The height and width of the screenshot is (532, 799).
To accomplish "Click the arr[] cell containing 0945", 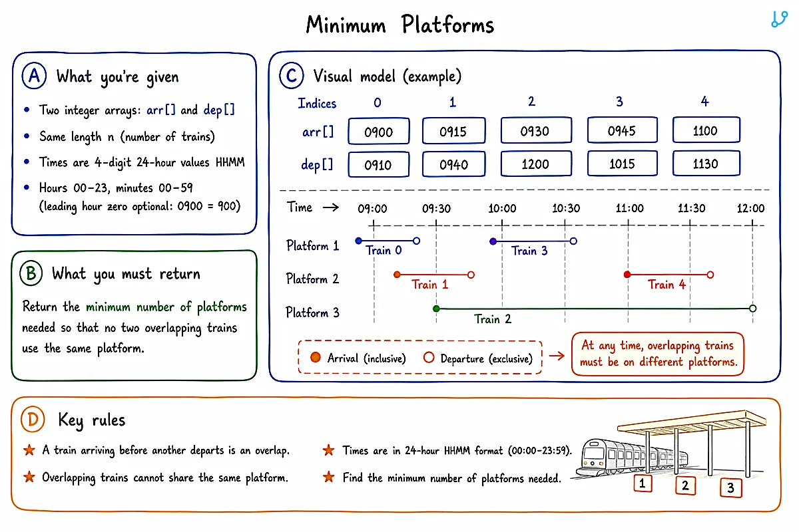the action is point(622,130).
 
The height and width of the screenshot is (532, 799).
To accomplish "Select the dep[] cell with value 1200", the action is point(536,164).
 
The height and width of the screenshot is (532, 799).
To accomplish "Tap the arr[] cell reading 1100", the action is point(706,130).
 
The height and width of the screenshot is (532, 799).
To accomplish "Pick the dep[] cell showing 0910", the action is point(378,165).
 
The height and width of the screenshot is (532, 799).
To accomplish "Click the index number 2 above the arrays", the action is point(531,102).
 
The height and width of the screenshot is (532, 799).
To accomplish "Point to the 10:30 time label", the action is point(566,208).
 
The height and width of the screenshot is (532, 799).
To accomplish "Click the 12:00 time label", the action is point(751,208).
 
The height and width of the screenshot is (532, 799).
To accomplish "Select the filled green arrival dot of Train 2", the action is point(436,309).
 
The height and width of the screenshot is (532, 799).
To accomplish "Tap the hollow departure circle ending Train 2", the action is point(752,309).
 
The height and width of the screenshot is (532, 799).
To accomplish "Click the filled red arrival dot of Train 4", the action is point(627,275).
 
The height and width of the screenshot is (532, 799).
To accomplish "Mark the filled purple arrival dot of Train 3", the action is point(493,241).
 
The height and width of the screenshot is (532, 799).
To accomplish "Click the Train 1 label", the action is point(430,285).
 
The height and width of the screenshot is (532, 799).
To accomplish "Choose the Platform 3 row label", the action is point(312,313).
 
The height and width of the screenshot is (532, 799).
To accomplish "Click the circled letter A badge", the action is point(34,76).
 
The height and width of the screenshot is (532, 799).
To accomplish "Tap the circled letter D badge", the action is point(33,420).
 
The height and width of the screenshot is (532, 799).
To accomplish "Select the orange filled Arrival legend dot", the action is point(316,357).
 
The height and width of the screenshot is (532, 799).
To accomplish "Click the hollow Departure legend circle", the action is point(429,357).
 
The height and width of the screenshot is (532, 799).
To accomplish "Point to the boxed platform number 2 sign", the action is point(685,485).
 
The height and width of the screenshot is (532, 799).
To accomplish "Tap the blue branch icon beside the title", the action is point(779,19).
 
